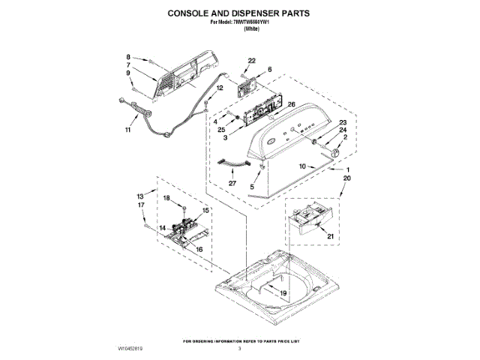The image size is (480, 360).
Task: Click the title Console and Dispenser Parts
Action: (239, 13)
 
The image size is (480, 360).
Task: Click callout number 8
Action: (128, 57)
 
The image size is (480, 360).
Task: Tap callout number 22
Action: (251, 60)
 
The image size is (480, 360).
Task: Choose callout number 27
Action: (232, 182)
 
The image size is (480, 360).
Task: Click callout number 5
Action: (253, 187)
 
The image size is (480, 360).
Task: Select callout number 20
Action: (346, 179)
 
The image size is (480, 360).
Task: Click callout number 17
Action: (140, 204)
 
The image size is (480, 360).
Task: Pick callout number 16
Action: (199, 249)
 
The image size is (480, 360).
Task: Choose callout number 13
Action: (140, 195)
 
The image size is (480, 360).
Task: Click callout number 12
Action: (220, 88)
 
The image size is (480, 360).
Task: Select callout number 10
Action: (302, 166)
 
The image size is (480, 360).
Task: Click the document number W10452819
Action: (130, 349)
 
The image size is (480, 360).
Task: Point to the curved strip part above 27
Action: (232, 163)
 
